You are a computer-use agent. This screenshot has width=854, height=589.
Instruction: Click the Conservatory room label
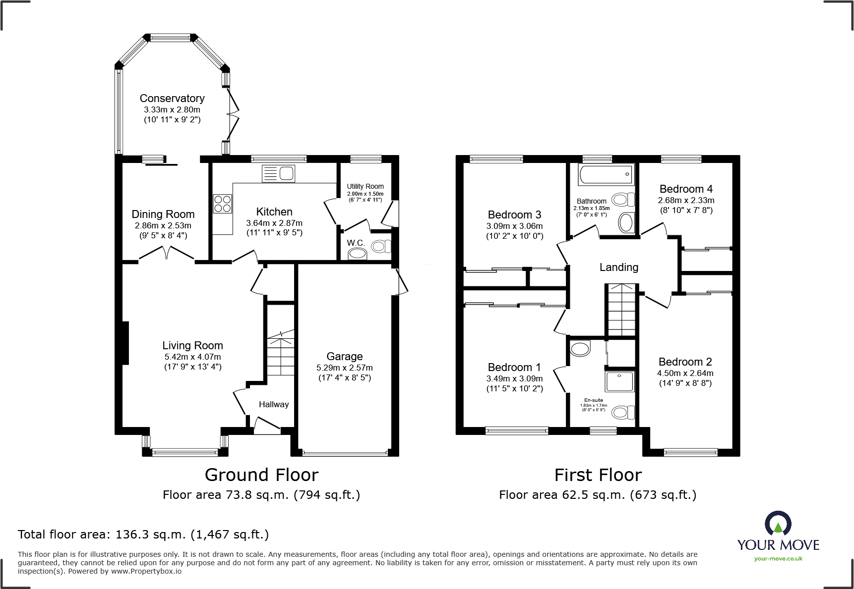click(172, 98)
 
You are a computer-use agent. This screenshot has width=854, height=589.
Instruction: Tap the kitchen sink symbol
click(279, 173)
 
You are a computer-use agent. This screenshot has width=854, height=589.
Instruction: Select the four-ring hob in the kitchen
click(222, 204)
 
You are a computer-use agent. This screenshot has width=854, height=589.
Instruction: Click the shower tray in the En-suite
click(619, 381)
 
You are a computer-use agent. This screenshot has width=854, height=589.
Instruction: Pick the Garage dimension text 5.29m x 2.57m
click(345, 368)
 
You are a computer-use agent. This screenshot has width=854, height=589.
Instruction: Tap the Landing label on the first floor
click(618, 268)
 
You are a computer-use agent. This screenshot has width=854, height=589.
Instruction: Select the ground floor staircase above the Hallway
click(281, 354)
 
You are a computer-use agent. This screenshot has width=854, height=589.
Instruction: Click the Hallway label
click(273, 404)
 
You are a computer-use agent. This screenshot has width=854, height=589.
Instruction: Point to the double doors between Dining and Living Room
click(167, 253)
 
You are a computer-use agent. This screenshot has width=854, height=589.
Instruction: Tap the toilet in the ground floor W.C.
click(381, 246)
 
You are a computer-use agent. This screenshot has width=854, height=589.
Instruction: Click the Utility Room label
click(365, 186)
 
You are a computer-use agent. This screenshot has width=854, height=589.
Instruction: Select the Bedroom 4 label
click(686, 189)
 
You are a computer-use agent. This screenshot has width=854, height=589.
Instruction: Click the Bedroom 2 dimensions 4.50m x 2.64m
click(685, 373)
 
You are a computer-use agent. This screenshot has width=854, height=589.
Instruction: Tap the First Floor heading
click(598, 475)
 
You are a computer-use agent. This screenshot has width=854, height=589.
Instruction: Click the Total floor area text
click(143, 535)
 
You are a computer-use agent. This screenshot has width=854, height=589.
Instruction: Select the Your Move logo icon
click(778, 523)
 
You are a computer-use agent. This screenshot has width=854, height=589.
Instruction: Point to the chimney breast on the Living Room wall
click(125, 343)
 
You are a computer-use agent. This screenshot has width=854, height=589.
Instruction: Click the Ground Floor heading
click(261, 475)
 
